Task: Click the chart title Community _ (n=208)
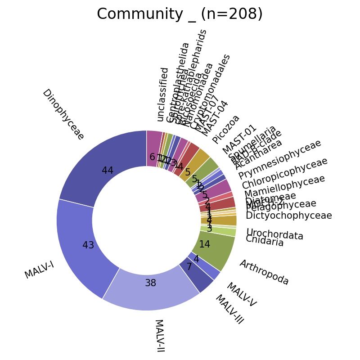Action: click(x=180, y=14)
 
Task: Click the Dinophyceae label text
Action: click(x=63, y=114)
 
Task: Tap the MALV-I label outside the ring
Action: click(x=39, y=270)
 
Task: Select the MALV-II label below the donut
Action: click(x=159, y=336)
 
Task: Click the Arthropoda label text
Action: click(x=264, y=272)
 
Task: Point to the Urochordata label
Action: click(x=274, y=234)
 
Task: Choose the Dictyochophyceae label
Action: click(x=289, y=216)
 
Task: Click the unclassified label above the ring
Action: click(x=162, y=94)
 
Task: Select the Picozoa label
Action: click(x=226, y=129)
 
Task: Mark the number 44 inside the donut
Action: click(x=108, y=171)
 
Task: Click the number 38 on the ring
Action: click(x=150, y=283)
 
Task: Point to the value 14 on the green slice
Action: click(x=205, y=244)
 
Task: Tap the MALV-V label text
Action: click(x=241, y=295)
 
